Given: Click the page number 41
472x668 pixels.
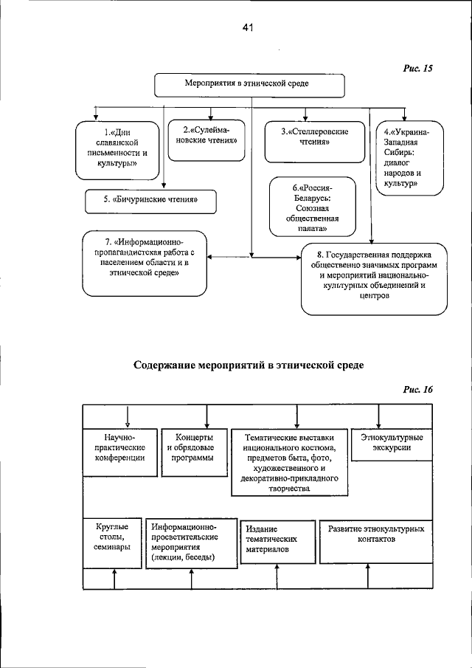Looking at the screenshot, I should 247,28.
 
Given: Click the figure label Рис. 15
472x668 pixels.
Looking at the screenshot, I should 417,69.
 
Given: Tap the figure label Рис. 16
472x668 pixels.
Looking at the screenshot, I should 417,390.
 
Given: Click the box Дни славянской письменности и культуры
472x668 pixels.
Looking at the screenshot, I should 118,149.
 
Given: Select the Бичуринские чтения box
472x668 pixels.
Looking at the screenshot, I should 144,199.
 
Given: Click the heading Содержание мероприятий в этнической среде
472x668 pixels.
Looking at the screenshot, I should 249,365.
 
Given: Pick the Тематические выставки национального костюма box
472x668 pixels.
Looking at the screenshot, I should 290,462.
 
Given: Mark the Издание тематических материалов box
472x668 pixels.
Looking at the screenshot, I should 277,540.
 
